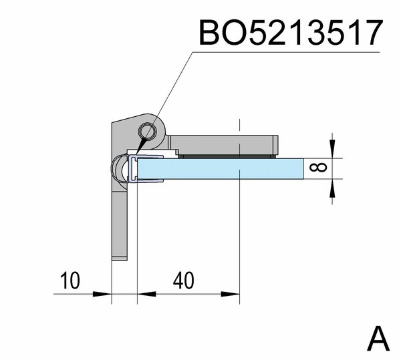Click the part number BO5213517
[291, 33]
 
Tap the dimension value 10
[70, 281]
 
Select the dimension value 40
[183, 281]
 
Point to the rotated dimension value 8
[318, 168]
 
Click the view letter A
[378, 339]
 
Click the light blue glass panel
[221, 168]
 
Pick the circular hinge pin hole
[147, 131]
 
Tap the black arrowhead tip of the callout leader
[136, 155]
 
